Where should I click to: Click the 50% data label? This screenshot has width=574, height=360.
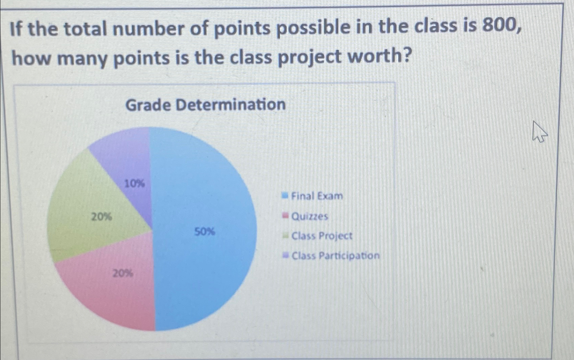click(x=204, y=232)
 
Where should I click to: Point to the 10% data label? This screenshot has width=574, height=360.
click(x=134, y=184)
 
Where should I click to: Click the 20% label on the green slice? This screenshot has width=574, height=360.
click(x=101, y=216)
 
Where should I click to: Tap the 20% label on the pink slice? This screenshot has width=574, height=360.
click(x=123, y=273)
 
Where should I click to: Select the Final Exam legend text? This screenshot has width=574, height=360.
click(x=317, y=196)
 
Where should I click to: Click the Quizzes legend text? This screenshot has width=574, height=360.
click(x=310, y=216)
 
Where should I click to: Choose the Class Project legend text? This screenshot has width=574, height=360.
click(x=322, y=236)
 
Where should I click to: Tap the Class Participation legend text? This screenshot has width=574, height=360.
click(x=335, y=255)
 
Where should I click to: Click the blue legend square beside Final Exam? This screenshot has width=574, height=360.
click(x=285, y=195)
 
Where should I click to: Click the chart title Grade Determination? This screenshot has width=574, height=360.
click(x=205, y=105)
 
